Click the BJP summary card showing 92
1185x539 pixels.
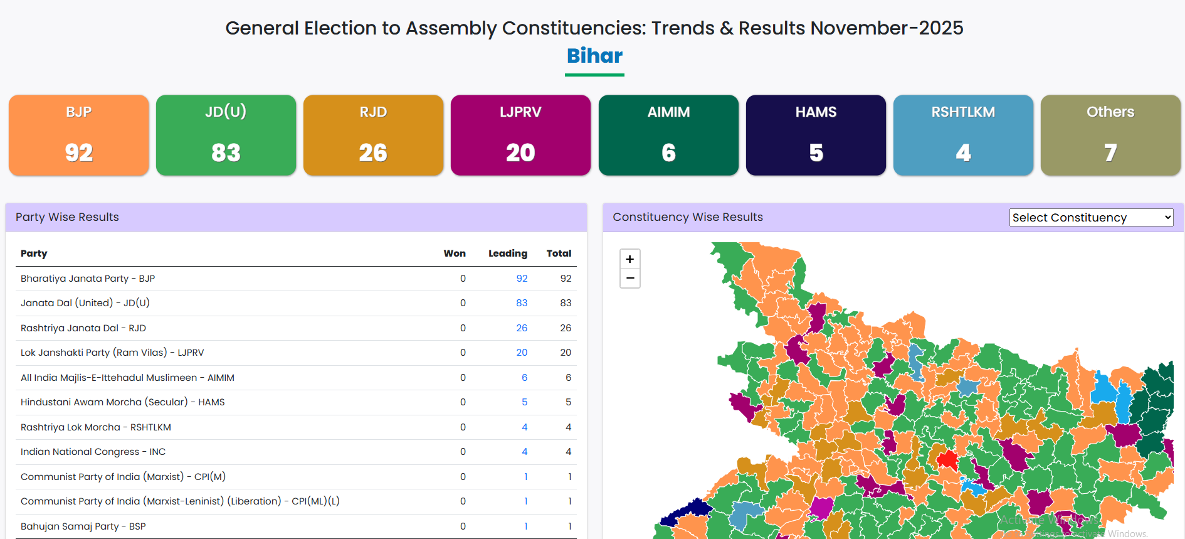[79, 135]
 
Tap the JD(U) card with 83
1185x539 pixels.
[226, 135]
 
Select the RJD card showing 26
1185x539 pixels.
[373, 135]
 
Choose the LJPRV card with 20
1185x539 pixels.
[520, 135]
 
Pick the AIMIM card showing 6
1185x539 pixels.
[668, 135]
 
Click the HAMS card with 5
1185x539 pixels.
[816, 135]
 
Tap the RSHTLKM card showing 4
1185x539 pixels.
[963, 135]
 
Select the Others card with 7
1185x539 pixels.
[1110, 135]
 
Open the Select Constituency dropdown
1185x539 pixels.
[1091, 218]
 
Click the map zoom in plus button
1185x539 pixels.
[630, 259]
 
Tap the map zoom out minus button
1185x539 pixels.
[630, 278]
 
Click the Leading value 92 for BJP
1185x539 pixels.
[522, 279]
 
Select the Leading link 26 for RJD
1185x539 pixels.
[522, 328]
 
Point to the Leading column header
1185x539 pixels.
[507, 253]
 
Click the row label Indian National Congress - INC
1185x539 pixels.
[93, 452]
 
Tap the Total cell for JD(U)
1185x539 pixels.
[566, 303]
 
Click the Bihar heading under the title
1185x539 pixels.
[594, 56]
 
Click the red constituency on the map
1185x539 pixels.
[947, 460]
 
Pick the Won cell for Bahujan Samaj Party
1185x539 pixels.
[463, 526]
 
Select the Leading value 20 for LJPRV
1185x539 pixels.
[522, 353]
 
